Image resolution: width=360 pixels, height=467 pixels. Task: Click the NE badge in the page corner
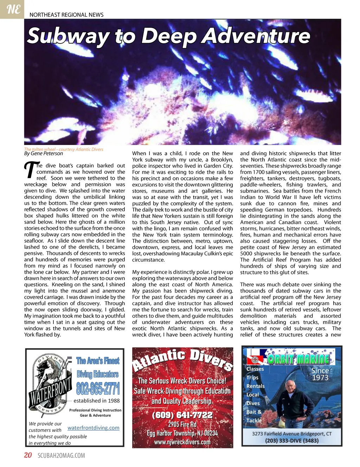click(x=13, y=9)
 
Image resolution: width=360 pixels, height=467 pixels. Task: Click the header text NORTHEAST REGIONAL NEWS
click(x=66, y=15)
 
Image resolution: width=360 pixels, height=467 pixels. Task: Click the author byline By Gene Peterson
click(x=44, y=153)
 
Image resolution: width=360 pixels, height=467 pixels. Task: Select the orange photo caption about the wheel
click(x=64, y=149)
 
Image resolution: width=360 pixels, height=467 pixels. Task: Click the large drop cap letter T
click(x=31, y=170)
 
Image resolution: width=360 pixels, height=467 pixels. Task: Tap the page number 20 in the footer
click(x=28, y=455)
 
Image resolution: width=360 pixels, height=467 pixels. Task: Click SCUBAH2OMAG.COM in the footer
click(x=61, y=455)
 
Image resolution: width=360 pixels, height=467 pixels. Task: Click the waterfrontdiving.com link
click(x=94, y=428)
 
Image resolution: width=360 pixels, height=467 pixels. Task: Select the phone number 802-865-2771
click(x=98, y=388)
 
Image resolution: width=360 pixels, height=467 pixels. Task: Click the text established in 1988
click(x=97, y=401)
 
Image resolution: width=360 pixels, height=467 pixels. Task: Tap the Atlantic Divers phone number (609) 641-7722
click(x=182, y=415)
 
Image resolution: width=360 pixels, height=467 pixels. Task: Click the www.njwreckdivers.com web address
click(x=182, y=442)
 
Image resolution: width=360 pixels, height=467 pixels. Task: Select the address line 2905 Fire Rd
click(x=182, y=425)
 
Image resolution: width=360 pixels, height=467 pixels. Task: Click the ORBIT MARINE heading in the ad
click(x=298, y=359)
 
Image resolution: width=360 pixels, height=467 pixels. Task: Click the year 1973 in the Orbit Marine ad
click(x=320, y=378)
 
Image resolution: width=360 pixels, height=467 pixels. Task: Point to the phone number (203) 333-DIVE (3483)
click(x=292, y=441)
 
